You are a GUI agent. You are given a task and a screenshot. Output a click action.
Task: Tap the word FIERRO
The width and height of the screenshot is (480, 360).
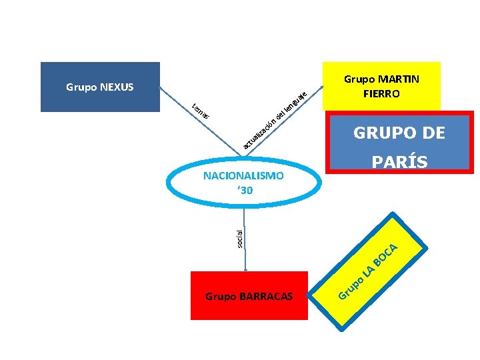(381, 94)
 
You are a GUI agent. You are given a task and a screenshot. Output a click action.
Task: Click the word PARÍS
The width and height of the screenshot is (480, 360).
(399, 162)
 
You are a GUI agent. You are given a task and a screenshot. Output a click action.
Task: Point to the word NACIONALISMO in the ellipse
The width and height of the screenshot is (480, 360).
(243, 176)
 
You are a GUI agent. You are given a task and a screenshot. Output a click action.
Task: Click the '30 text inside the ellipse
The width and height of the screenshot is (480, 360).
(245, 191)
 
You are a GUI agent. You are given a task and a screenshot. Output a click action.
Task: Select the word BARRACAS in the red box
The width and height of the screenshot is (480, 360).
(265, 296)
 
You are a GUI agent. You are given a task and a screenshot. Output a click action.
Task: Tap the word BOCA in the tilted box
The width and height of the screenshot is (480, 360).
(387, 257)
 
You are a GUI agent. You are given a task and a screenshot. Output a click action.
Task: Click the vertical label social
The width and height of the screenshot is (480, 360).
(241, 237)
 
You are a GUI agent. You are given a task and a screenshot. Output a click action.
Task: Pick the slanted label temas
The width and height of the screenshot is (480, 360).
(201, 111)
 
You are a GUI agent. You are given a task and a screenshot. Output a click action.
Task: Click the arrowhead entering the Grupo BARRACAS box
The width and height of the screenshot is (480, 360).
(246, 269)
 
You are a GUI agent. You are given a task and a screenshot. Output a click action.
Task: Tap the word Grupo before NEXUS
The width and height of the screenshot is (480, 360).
(81, 87)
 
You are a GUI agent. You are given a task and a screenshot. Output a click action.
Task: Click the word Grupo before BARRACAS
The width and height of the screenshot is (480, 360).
(221, 296)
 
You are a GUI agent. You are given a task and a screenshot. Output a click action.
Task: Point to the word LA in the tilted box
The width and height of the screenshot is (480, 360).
(367, 271)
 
